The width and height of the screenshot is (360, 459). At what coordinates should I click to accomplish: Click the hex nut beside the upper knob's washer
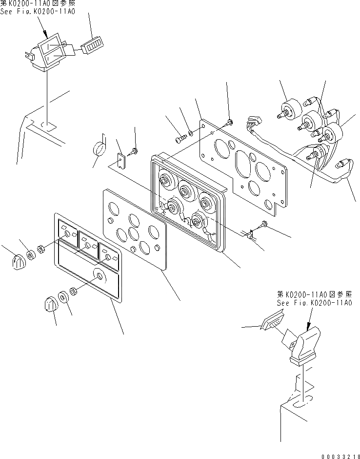42,249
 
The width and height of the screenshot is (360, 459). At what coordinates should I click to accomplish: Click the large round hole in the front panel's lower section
99,277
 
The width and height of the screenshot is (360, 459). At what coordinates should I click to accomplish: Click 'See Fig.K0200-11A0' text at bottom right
314,303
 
